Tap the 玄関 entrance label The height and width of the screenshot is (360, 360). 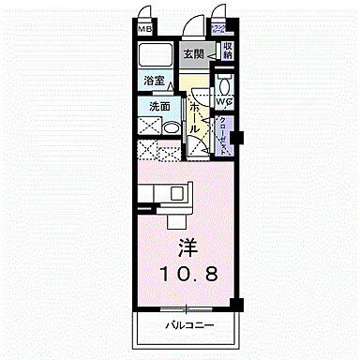coord(194,55)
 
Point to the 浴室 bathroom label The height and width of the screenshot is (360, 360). coord(155,82)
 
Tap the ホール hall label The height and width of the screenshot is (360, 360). coord(193,116)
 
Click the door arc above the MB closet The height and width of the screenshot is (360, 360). coord(148,17)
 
